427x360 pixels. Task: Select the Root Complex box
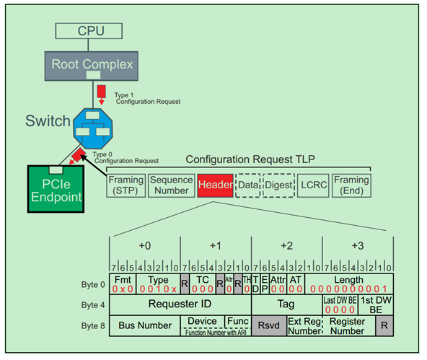(91, 64)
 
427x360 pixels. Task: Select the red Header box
(215, 185)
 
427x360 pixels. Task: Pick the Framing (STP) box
(126, 185)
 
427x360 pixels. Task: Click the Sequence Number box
(172, 185)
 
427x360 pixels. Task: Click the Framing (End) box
(351, 185)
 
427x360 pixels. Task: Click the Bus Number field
(144, 325)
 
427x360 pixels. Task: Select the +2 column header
(286, 246)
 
